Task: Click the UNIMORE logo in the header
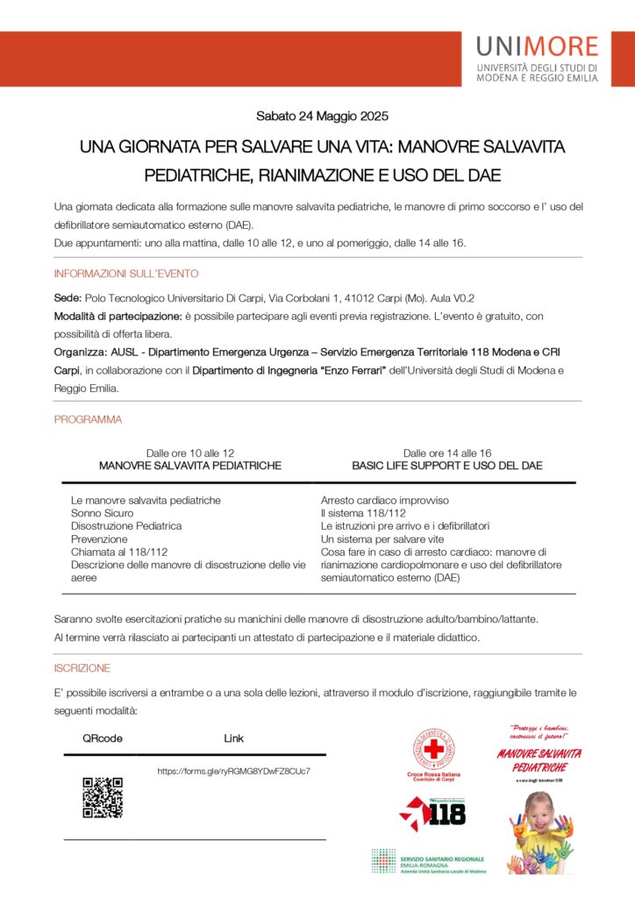pyautogui.click(x=538, y=59)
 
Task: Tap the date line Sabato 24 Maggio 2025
pyautogui.click(x=322, y=116)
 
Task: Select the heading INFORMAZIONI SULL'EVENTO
pyautogui.click(x=126, y=274)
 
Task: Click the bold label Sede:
pyautogui.click(x=68, y=298)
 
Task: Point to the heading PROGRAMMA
pyautogui.click(x=88, y=420)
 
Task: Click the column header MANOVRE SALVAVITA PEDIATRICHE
pyautogui.click(x=190, y=466)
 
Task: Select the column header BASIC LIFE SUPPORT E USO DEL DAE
pyautogui.click(x=447, y=466)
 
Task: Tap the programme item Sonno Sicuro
pyautogui.click(x=102, y=513)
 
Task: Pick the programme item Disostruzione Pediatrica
pyautogui.click(x=126, y=526)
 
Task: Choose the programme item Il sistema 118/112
pyautogui.click(x=363, y=513)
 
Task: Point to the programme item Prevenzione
pyautogui.click(x=99, y=539)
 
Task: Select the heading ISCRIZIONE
pyautogui.click(x=82, y=668)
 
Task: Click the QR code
pyautogui.click(x=103, y=797)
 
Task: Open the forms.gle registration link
pyautogui.click(x=233, y=772)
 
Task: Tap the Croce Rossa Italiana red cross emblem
pyautogui.click(x=433, y=751)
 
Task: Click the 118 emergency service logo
pyautogui.click(x=433, y=813)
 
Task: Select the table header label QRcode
pyautogui.click(x=103, y=738)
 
